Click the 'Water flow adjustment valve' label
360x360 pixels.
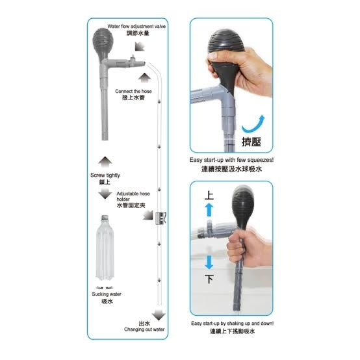pyautogui.click(x=136, y=27)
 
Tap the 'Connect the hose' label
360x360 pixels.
pyautogui.click(x=133, y=91)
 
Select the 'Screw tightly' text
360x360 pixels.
pyautogui.click(x=105, y=175)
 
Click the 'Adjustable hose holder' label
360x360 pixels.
pyautogui.click(x=133, y=196)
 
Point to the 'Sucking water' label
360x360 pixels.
pyautogui.click(x=107, y=294)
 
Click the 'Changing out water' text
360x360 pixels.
pyautogui.click(x=144, y=329)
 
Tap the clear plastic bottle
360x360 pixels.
pyautogui.click(x=105, y=248)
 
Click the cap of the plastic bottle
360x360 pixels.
pyautogui.click(x=105, y=217)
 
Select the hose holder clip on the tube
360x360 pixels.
pyautogui.click(x=161, y=218)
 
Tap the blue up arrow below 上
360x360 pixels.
pyautogui.click(x=209, y=210)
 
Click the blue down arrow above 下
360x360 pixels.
pyautogui.click(x=209, y=263)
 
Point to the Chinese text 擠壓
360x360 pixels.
pyautogui.click(x=251, y=142)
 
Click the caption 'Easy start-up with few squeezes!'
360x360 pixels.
pyautogui.click(x=231, y=160)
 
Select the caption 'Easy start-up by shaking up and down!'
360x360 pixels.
pyautogui.click(x=232, y=323)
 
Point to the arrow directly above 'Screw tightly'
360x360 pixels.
pyautogui.click(x=105, y=162)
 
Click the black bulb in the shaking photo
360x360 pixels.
pyautogui.click(x=242, y=207)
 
